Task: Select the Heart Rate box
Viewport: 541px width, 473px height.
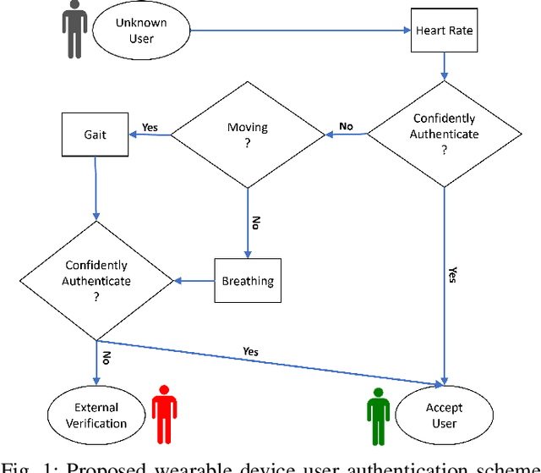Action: [x=444, y=30]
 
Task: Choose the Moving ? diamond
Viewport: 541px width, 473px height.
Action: [x=248, y=135]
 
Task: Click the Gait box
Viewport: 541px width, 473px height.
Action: [x=96, y=135]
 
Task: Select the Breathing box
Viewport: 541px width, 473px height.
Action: [x=248, y=281]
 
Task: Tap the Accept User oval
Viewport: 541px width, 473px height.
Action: [x=444, y=415]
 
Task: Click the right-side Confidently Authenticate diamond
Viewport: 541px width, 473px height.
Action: [x=444, y=135]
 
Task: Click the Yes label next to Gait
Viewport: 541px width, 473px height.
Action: [x=150, y=128]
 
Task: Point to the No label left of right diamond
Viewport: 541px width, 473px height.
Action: [x=346, y=126]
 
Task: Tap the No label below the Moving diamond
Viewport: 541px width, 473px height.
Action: [x=254, y=223]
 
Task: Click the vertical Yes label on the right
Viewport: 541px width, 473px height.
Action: [x=452, y=275]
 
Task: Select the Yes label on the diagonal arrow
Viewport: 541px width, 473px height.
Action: [x=250, y=350]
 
